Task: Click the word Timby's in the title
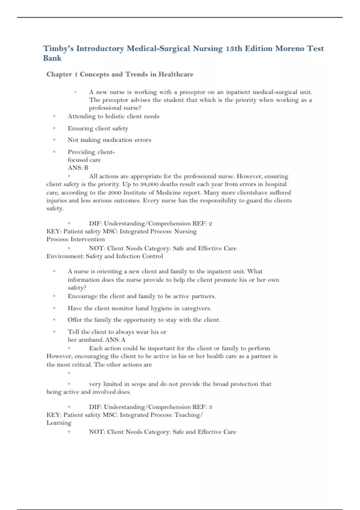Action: pyautogui.click(x=58, y=49)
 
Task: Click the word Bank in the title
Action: pyautogui.click(x=52, y=58)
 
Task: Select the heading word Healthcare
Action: pyautogui.click(x=176, y=74)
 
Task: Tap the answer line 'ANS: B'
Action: pyautogui.click(x=78, y=168)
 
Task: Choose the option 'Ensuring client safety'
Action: pyautogui.click(x=98, y=128)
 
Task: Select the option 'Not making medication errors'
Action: pyautogui.click(x=109, y=140)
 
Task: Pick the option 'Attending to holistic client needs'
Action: pyautogui.click(x=113, y=116)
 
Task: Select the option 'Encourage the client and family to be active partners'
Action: pyautogui.click(x=142, y=296)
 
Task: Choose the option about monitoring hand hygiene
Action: pyautogui.click(x=139, y=308)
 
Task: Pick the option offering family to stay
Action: pyautogui.click(x=144, y=320)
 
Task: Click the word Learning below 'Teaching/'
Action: pyautogui.click(x=59, y=423)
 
